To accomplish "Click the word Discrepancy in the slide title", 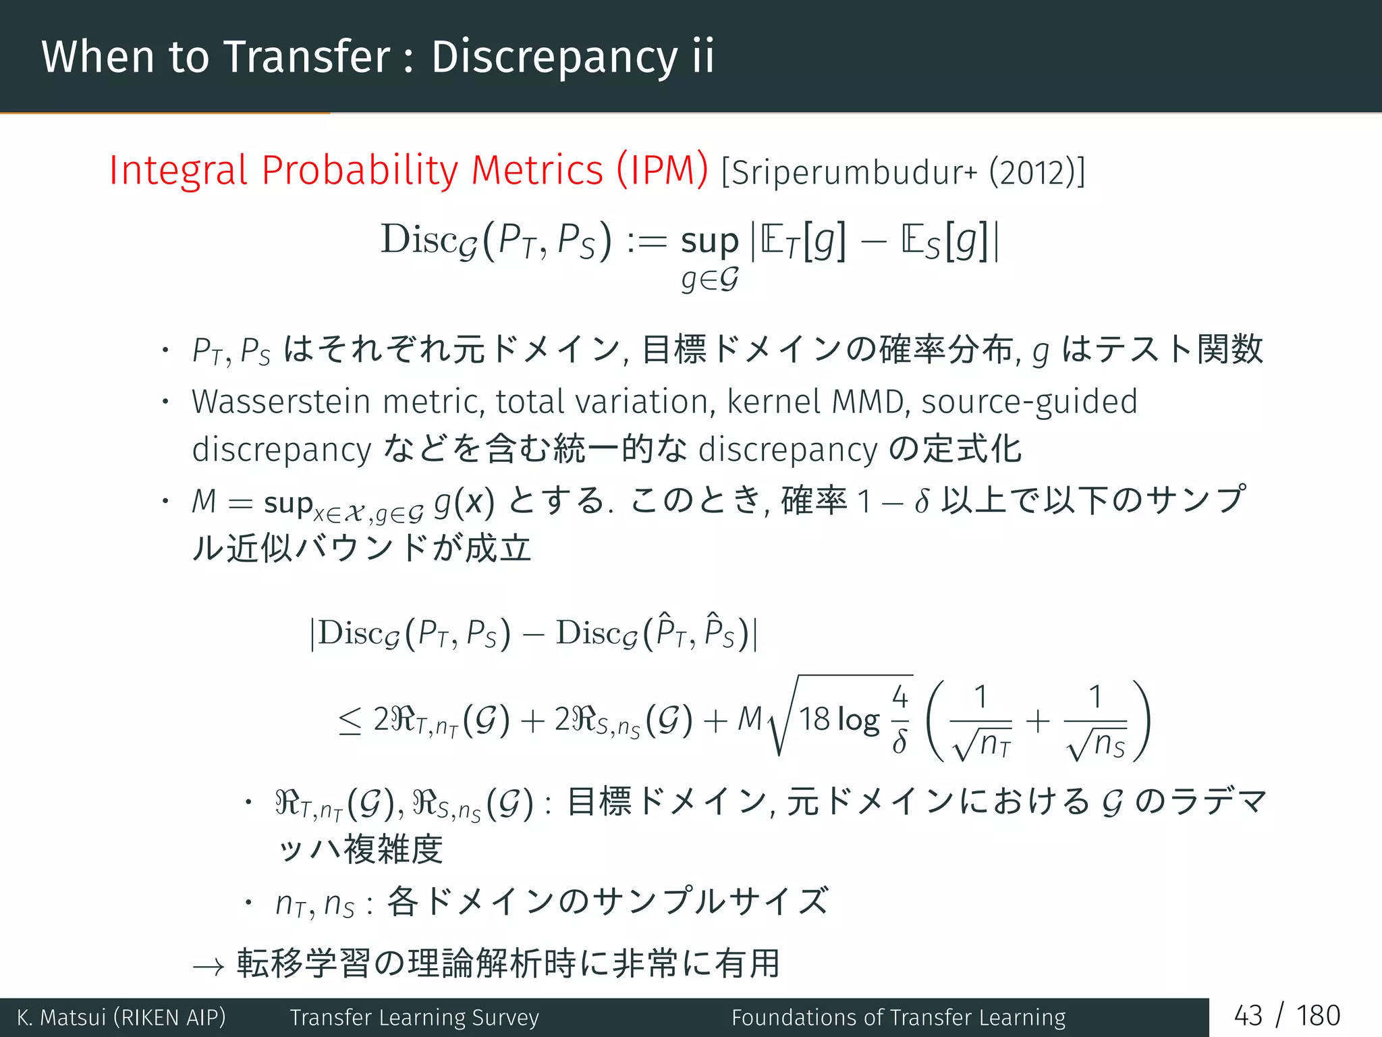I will click(x=554, y=57).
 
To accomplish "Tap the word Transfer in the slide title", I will click(x=307, y=57).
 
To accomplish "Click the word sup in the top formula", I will click(x=710, y=242).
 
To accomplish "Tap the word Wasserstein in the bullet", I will click(x=281, y=402).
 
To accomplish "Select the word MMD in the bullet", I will click(x=867, y=402).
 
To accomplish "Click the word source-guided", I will click(x=1029, y=402).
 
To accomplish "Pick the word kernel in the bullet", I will click(x=773, y=402).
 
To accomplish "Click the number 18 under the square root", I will click(x=814, y=720).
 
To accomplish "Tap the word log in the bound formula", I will click(x=858, y=721).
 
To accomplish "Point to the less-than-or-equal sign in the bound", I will click(x=350, y=722).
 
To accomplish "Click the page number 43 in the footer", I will click(x=1248, y=1016).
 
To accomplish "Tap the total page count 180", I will click(x=1318, y=1016).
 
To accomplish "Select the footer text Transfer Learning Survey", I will click(x=414, y=1017).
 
